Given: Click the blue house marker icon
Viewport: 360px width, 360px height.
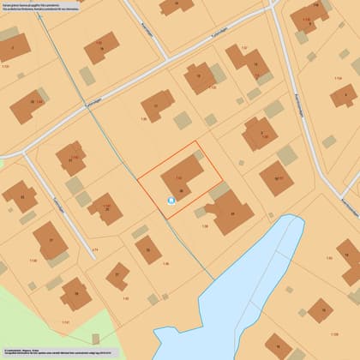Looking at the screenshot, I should coord(171,201).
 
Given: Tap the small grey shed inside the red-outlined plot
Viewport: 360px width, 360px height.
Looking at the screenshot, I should coord(199,155).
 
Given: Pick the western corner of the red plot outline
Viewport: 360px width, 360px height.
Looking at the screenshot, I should coord(139,178).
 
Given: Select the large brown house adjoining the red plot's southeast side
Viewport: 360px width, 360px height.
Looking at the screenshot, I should coord(228,211).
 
